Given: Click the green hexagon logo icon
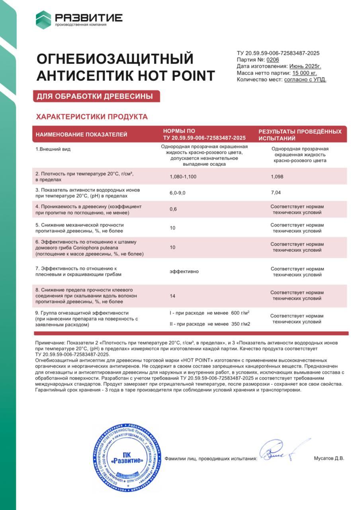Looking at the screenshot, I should (x=43, y=20).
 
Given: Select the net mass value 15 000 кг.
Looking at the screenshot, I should (x=305, y=73).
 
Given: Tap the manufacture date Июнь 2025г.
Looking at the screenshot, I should (x=305, y=66).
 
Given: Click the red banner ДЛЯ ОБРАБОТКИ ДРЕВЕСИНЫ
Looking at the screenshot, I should (x=96, y=96).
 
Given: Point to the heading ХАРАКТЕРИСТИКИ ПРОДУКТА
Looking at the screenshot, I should (x=92, y=117).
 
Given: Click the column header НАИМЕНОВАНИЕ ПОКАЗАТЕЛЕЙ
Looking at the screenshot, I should (x=81, y=135).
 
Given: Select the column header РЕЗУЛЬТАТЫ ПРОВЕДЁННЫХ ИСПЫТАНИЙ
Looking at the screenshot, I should (x=300, y=135).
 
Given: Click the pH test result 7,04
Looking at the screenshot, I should (x=276, y=192).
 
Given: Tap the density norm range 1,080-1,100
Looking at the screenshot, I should (x=183, y=177).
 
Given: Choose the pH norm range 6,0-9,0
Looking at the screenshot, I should (x=178, y=192).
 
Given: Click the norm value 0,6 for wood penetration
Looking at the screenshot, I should (x=173, y=210).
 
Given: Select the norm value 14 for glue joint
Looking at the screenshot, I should (x=172, y=296).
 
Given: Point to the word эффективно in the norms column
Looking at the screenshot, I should (x=184, y=271).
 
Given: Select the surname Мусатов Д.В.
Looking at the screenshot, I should (x=329, y=458).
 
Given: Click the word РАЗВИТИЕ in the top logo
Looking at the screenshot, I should (x=88, y=18).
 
